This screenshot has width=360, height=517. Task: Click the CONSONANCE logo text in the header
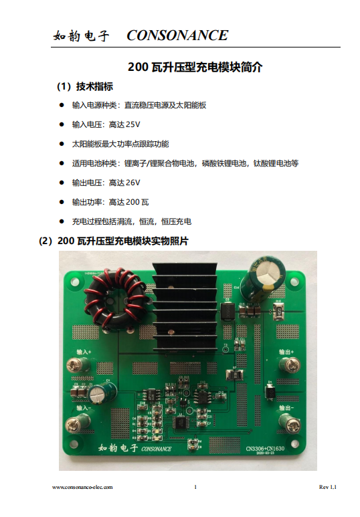(177, 35)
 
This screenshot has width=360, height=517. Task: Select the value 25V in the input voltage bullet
(133, 124)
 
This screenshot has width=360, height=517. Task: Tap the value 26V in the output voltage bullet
(133, 183)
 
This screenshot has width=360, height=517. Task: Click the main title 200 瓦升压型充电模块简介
(195, 68)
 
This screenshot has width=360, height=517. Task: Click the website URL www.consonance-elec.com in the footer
(82, 488)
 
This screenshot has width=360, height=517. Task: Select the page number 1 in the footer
(195, 488)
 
